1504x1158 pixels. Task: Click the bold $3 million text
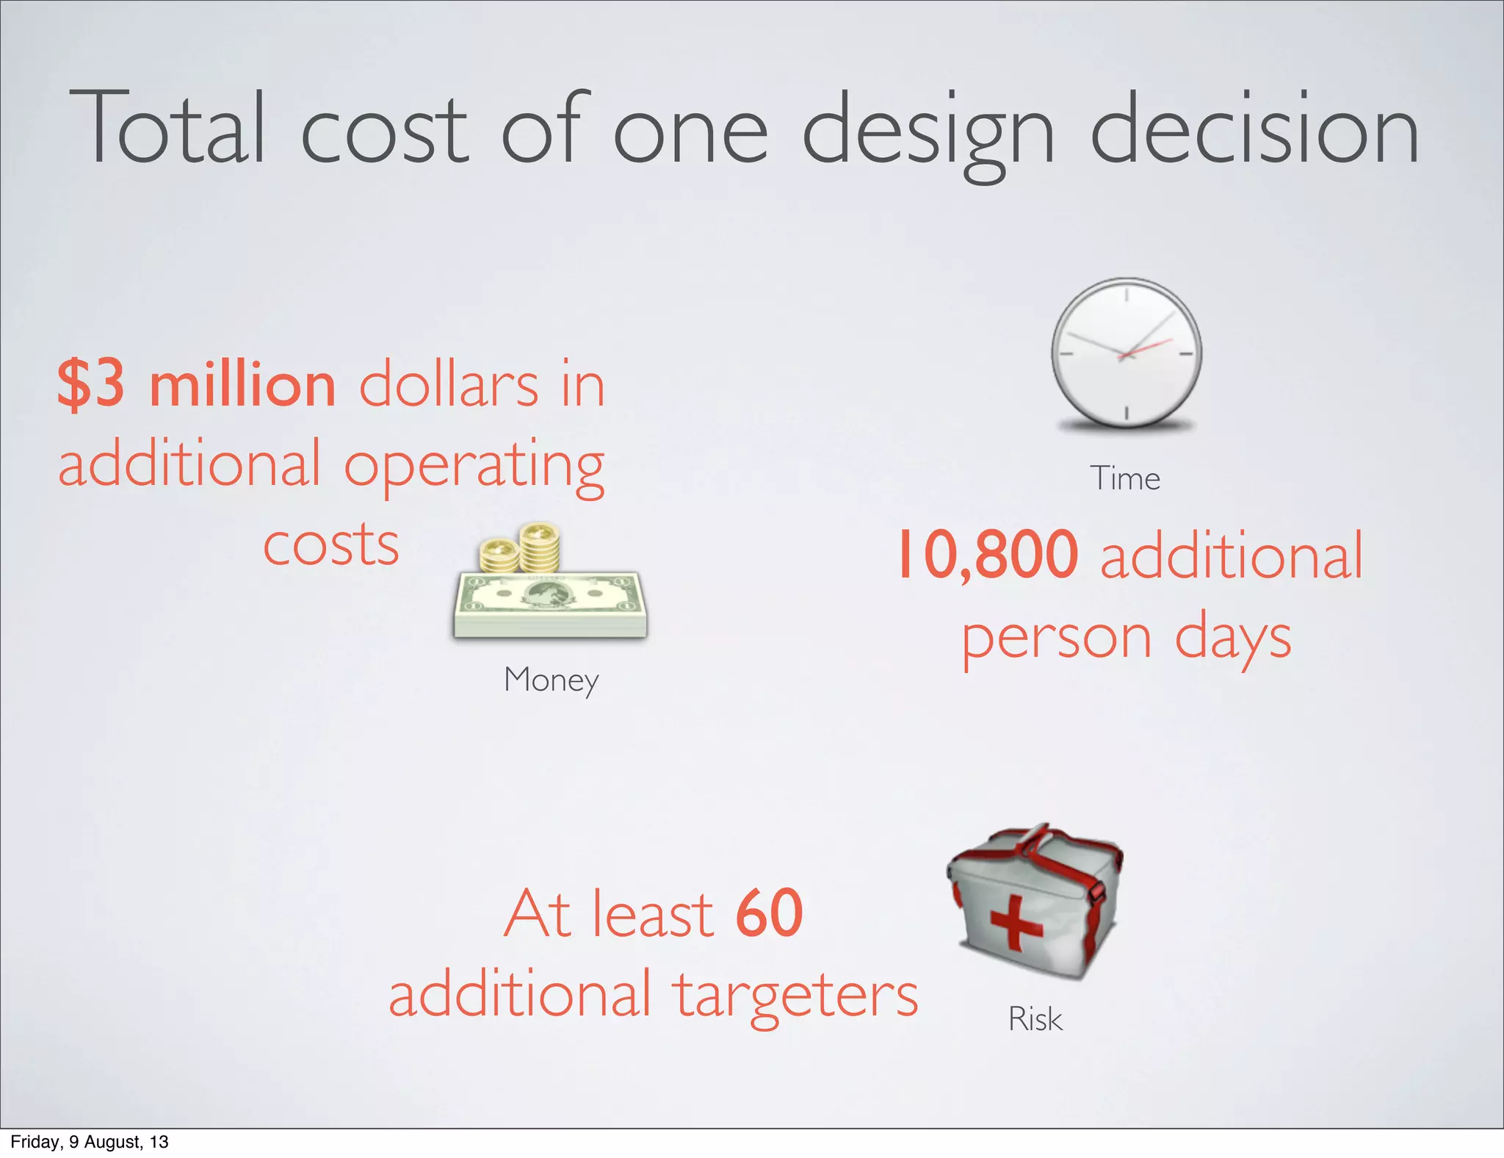coord(197,384)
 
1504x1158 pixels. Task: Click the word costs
coord(331,545)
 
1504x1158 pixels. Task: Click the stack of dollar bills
coord(550,604)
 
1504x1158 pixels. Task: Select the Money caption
coord(551,680)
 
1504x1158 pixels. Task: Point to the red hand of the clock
coord(1146,348)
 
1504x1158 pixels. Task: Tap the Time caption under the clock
coord(1125,479)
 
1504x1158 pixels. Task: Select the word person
coord(1057,639)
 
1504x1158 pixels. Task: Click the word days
coord(1233,639)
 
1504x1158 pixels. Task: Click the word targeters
coord(796,995)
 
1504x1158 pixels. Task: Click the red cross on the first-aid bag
coord(1016,922)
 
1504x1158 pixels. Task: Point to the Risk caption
coord(1035,1019)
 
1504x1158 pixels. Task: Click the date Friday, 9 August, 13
coord(90,1142)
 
